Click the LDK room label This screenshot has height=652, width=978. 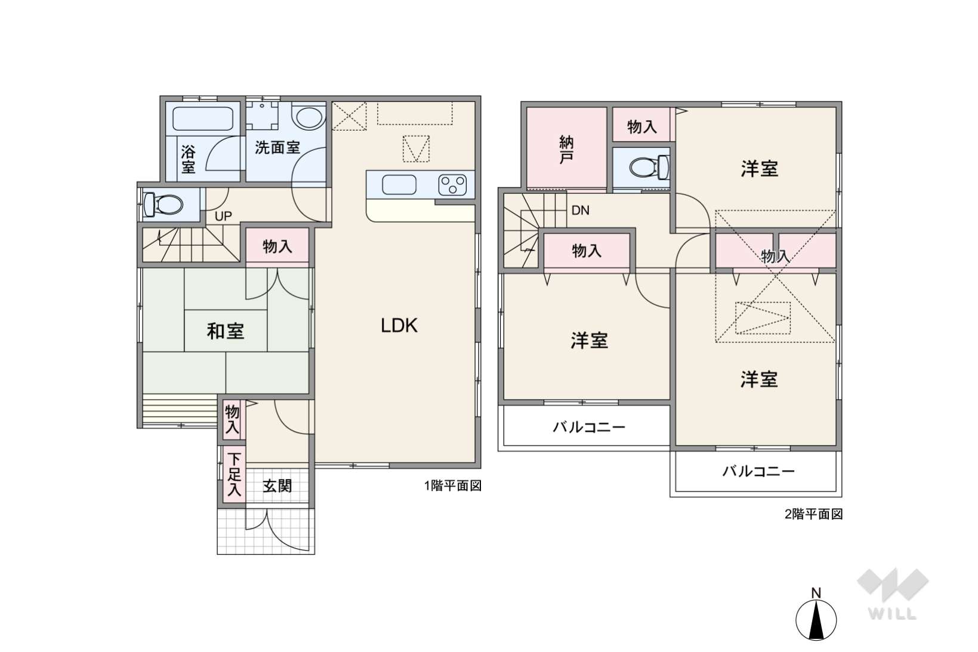pyautogui.click(x=399, y=326)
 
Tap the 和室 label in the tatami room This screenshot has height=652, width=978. pyautogui.click(x=226, y=331)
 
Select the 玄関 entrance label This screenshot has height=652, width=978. pyautogui.click(x=277, y=486)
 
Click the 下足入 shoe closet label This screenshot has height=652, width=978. pyautogui.click(x=234, y=475)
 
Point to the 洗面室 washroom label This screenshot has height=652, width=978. pyautogui.click(x=277, y=147)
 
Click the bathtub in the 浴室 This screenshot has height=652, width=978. pyautogui.click(x=202, y=118)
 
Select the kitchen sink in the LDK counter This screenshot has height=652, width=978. pyautogui.click(x=399, y=185)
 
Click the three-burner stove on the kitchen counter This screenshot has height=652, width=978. pyautogui.click(x=452, y=185)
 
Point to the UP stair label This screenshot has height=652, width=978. pyautogui.click(x=223, y=217)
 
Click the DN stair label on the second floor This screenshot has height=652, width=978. pyautogui.click(x=580, y=210)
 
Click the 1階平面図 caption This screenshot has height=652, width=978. pyautogui.click(x=453, y=486)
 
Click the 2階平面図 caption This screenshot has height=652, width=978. pyautogui.click(x=813, y=514)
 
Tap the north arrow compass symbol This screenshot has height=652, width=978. pyautogui.click(x=816, y=619)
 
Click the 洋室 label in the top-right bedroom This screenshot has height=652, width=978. pyautogui.click(x=759, y=169)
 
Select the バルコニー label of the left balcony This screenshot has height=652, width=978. pyautogui.click(x=588, y=427)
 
